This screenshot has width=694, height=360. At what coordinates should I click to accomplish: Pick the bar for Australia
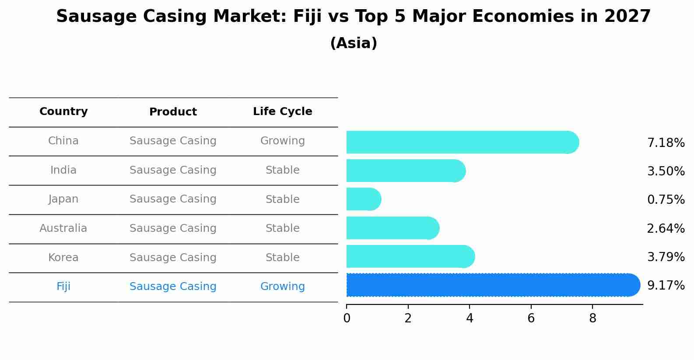[x=392, y=228]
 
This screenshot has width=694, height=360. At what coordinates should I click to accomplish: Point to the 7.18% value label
[x=666, y=143]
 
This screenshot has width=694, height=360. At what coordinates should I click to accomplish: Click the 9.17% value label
[x=666, y=286]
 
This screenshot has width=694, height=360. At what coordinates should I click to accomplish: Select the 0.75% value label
[x=666, y=200]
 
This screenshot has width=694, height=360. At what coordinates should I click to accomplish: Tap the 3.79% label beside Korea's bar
[x=666, y=257]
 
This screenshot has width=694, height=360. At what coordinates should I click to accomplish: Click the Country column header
[x=63, y=112]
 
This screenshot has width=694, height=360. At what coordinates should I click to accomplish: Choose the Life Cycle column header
[x=282, y=112]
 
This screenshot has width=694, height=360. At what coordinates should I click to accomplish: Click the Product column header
[x=173, y=112]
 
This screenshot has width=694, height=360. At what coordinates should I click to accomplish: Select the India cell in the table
[x=63, y=170]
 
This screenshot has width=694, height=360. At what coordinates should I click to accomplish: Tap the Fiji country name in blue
[x=63, y=287]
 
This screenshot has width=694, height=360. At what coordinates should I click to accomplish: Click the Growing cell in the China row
[x=282, y=141]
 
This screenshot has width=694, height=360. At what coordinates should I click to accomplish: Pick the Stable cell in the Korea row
[x=282, y=258]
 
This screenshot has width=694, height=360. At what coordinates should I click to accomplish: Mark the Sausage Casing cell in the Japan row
[x=173, y=199]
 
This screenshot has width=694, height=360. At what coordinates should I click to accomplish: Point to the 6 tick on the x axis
[x=531, y=318]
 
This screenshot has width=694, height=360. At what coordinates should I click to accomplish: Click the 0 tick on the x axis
[x=347, y=318]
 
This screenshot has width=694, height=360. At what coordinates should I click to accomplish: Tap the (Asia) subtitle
[x=354, y=43]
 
